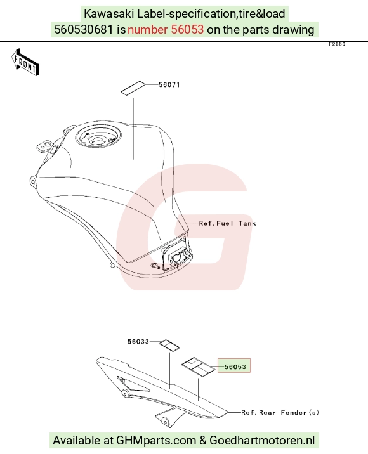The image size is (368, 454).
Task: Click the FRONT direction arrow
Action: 25,62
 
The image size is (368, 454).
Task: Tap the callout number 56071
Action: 169,85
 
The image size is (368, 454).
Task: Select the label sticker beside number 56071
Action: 133,88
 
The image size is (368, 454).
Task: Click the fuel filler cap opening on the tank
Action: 98,137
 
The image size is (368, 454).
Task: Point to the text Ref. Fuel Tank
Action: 228,223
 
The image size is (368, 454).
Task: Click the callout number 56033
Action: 138,342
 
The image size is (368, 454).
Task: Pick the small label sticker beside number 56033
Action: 169,346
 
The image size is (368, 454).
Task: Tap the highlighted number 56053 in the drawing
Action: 235,367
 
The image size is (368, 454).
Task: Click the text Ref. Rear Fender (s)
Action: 280,412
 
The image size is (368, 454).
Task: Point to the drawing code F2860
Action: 337,44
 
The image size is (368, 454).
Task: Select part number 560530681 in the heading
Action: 84,30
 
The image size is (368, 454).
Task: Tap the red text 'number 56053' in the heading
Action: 166,30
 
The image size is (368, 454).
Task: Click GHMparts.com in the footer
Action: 156,441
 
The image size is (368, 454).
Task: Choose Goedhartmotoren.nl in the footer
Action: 262,441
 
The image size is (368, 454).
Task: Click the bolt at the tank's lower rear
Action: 155,265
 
